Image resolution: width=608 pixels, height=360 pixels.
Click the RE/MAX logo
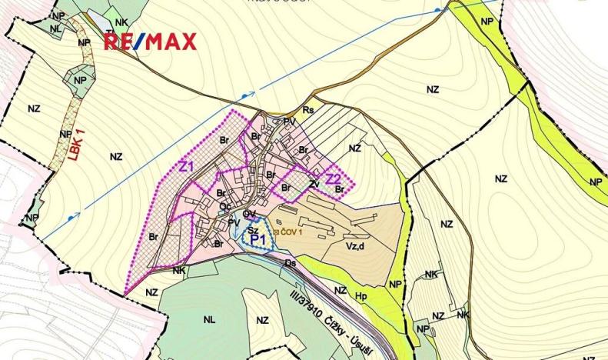150,42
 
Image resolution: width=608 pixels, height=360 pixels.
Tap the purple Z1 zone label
187,166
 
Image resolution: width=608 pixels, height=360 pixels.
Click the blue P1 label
259,239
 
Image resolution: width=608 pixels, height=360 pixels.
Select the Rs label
308,110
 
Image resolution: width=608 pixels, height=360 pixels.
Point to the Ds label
291,264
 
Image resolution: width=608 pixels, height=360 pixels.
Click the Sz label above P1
252,229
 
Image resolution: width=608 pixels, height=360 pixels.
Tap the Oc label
224,207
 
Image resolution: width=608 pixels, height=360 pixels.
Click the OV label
249,214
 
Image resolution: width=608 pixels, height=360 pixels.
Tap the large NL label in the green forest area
210,318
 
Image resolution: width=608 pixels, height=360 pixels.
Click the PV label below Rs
289,122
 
